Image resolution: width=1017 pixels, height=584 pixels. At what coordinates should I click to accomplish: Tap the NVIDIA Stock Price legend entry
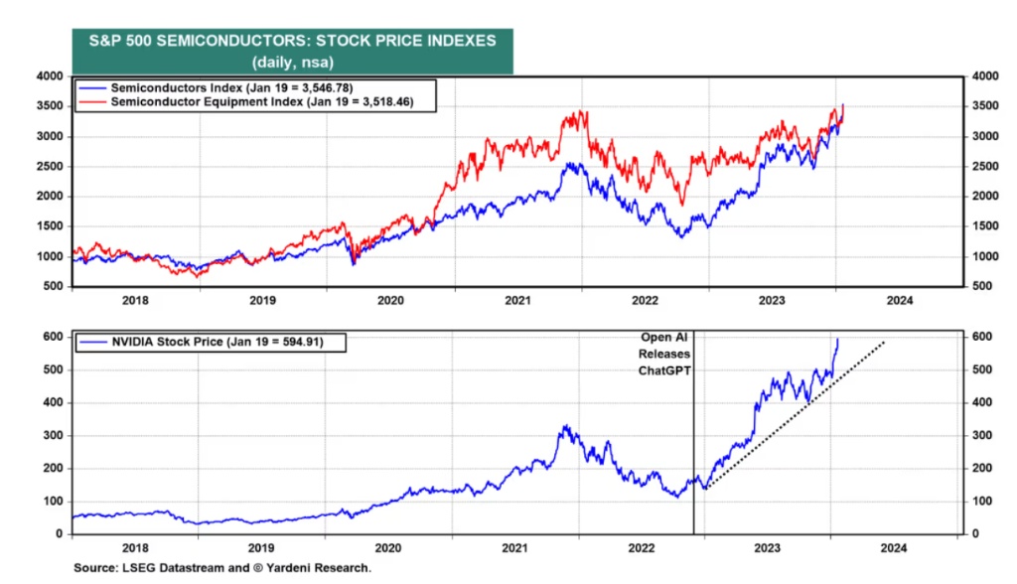[x=207, y=343]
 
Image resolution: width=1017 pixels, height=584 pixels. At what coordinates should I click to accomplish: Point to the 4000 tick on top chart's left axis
[x=49, y=75]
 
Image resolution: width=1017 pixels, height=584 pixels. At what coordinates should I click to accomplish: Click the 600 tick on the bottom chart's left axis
[x=53, y=337]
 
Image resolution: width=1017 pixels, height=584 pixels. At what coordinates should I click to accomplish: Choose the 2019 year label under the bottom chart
[x=261, y=546]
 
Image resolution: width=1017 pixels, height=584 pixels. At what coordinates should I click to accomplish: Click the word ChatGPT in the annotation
[x=664, y=370]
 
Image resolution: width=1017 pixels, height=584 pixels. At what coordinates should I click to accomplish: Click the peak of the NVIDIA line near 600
[x=836, y=340]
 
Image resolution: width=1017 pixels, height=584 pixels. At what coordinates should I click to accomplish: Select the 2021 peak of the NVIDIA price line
[x=564, y=426]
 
